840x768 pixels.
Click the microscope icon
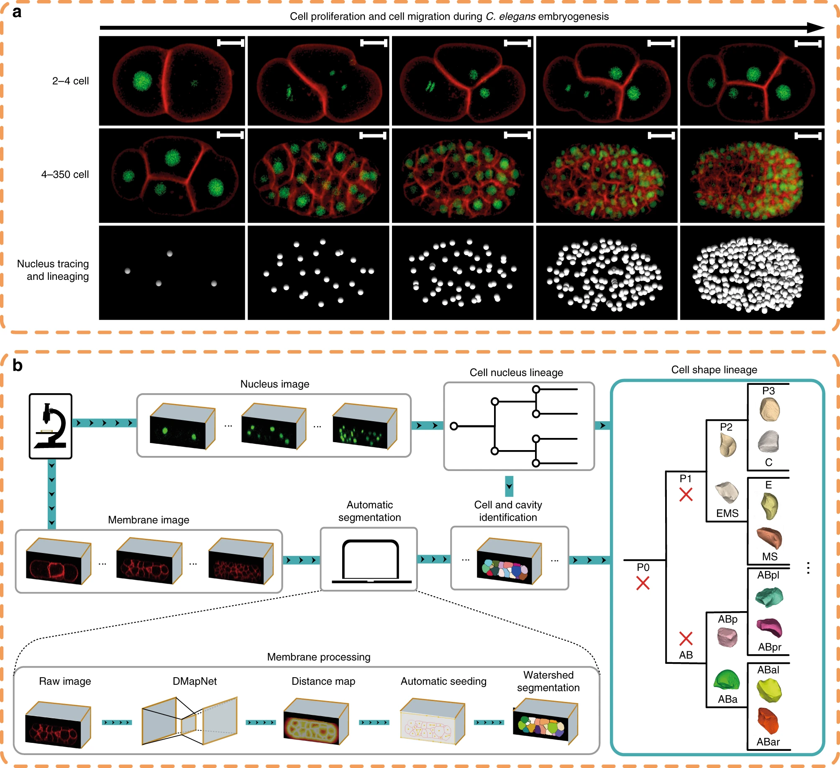[51, 426]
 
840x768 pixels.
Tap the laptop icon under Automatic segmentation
[370, 561]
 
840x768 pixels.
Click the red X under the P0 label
[643, 583]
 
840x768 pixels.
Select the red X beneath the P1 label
[686, 494]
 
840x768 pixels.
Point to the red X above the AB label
[686, 638]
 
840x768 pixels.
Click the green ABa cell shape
[727, 680]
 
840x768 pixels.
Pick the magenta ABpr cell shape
[769, 628]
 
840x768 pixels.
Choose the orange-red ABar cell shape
[768, 721]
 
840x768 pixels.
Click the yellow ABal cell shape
[769, 690]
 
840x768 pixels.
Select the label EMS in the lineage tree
[727, 513]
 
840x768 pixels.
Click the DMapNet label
[195, 681]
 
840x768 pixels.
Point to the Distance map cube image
[316, 722]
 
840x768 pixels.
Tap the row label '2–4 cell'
[70, 81]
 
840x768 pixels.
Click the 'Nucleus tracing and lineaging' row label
[53, 270]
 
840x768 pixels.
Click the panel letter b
[17, 366]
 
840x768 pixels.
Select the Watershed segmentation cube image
[545, 722]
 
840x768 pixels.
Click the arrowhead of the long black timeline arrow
[816, 28]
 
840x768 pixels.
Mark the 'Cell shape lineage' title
[714, 370]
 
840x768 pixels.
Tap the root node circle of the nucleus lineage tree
[453, 426]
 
